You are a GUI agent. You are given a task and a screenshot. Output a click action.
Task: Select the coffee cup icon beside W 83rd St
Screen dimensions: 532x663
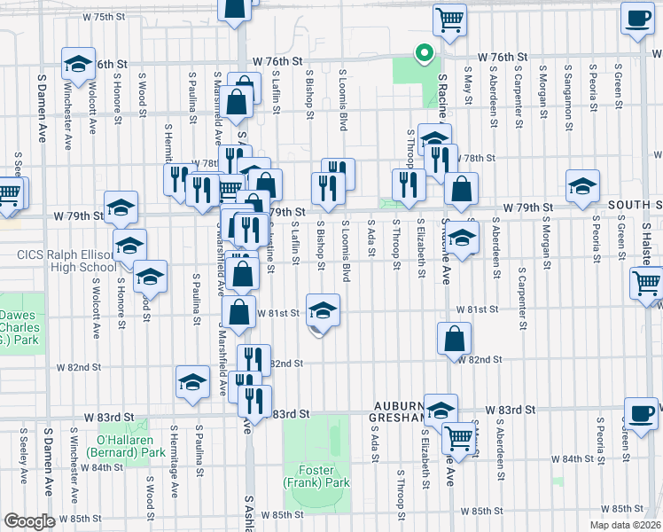coord(641,412)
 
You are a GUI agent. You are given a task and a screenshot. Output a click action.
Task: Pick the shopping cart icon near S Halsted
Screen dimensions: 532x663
coord(647,283)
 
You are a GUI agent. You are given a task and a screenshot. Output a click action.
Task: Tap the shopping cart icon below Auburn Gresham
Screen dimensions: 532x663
coord(459,436)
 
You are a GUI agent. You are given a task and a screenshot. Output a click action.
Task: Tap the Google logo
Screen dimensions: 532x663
coord(28,521)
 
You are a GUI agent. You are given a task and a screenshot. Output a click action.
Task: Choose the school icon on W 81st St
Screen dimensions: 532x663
coord(322,310)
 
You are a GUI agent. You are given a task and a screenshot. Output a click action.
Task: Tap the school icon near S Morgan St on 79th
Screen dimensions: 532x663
coord(583,185)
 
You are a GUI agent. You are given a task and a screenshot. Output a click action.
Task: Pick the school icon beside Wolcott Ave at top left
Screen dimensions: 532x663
coord(78,64)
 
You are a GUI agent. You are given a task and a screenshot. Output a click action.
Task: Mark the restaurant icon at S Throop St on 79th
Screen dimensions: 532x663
coord(408,184)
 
